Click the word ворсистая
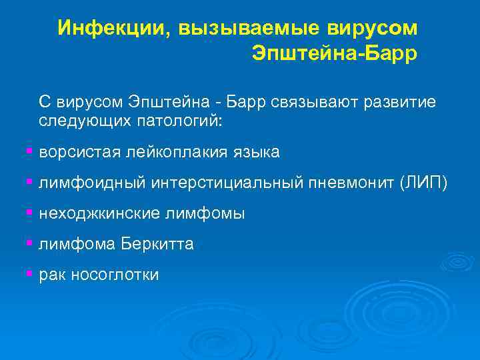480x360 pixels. [x=80, y=153]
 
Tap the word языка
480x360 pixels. [x=254, y=153]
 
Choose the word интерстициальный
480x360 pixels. [x=226, y=183]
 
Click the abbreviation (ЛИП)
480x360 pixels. [x=424, y=183]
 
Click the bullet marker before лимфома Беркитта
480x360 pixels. [x=29, y=243]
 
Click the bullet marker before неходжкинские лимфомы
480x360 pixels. [x=29, y=213]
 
